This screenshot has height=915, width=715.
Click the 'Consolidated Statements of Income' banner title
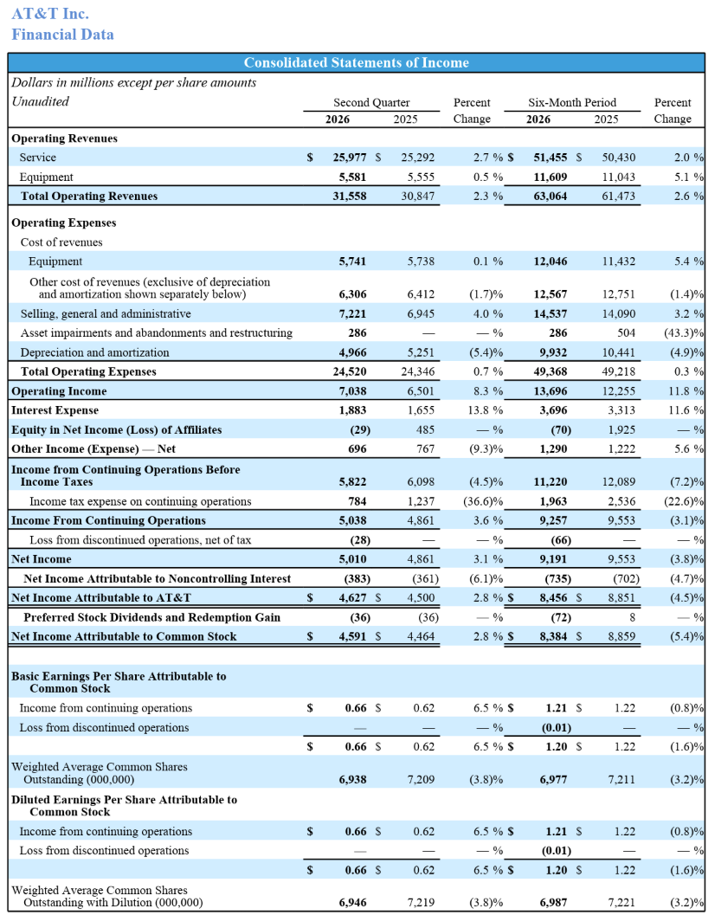[356, 62]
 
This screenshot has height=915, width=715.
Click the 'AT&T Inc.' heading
[50, 14]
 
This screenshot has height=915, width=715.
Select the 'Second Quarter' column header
[371, 103]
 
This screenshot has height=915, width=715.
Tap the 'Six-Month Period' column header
[572, 103]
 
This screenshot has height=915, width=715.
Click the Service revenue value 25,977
[350, 158]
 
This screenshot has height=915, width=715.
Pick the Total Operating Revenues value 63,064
[551, 196]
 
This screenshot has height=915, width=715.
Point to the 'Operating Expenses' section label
[63, 223]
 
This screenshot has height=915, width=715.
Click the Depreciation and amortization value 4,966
[352, 352]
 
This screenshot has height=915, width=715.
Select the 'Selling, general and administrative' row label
[106, 314]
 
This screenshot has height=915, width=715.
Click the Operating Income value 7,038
[352, 391]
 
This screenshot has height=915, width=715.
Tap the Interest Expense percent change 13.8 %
[486, 410]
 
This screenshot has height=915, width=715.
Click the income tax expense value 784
[357, 501]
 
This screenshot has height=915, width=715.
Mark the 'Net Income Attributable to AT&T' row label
[101, 597]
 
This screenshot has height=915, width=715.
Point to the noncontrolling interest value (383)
[357, 579]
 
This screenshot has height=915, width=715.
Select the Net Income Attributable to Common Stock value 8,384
[553, 636]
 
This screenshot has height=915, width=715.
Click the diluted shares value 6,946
[352, 903]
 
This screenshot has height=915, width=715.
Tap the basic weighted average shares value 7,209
[421, 780]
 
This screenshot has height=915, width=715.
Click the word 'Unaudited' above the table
[41, 101]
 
